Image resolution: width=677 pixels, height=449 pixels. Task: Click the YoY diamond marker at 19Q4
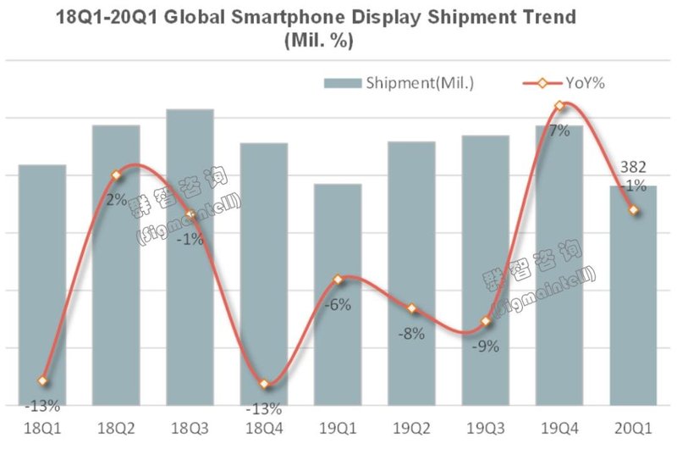coord(559,106)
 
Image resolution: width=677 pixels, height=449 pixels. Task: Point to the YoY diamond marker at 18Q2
coord(117,175)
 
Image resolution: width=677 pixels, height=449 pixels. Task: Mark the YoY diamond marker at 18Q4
coord(263,385)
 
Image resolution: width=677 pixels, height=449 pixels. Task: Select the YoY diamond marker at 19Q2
coord(411,308)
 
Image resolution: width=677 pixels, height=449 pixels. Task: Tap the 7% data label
coord(559,130)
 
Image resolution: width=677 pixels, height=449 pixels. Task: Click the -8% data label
coord(410,333)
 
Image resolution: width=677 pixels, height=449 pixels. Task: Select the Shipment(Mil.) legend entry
coord(399,82)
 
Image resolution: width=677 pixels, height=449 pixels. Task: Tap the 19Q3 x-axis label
coord(485,429)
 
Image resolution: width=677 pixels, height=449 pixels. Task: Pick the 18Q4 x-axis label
coord(263,429)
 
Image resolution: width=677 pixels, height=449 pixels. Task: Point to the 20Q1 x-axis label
coord(632,429)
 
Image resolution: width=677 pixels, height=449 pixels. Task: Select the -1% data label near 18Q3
coord(190,240)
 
